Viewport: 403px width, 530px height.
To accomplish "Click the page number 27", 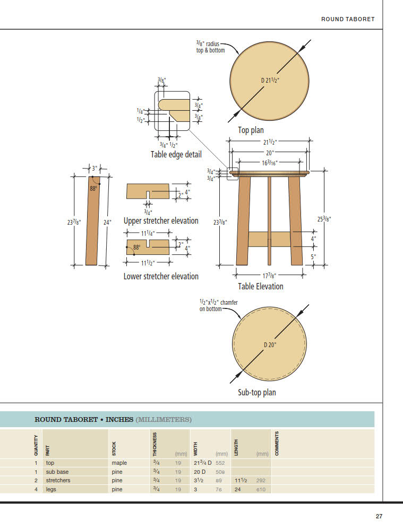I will [379, 516].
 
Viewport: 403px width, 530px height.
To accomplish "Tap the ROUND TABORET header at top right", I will [348, 19].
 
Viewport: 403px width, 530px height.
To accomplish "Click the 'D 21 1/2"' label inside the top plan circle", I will [271, 81].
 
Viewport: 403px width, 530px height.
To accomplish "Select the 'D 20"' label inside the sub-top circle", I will [270, 344].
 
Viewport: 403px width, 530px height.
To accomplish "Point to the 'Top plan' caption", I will [251, 130].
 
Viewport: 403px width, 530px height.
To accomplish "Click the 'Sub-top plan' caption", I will [257, 393].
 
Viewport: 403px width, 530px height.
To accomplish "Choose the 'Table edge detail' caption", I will [176, 155].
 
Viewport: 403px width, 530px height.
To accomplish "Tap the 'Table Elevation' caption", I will [261, 286].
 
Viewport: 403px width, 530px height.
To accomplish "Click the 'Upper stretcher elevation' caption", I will [161, 220].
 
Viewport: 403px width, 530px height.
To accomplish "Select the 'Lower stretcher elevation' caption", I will [161, 276].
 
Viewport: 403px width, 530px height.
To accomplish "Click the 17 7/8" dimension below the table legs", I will [270, 275].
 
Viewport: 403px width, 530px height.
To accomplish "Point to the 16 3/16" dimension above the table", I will [270, 163].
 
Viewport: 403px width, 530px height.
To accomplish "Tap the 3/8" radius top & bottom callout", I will [211, 47].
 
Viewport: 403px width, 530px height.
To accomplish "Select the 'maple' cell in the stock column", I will [119, 463].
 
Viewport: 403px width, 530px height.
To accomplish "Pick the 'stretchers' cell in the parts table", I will [58, 481].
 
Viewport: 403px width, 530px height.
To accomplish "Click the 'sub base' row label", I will [57, 472].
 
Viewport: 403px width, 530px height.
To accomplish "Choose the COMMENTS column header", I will [277, 444].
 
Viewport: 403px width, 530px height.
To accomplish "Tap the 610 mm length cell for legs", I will [261, 490].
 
